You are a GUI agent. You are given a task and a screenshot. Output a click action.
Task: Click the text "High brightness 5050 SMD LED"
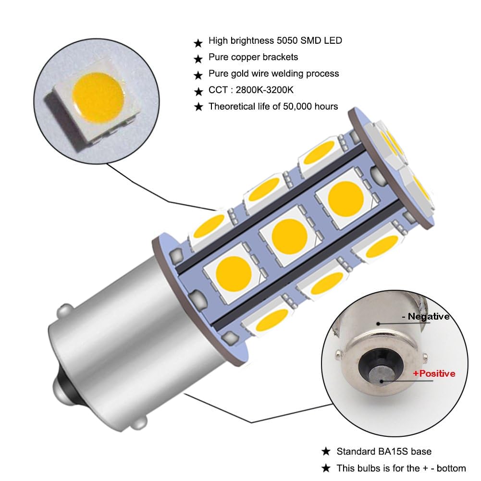tap(275, 41)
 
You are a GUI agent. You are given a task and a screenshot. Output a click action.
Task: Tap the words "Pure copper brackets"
tap(253, 57)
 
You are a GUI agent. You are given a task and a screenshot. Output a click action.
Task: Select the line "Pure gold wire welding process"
tap(273, 74)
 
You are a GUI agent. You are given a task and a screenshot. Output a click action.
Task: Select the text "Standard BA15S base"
tap(383, 451)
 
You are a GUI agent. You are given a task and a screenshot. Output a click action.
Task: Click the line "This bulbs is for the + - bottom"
tap(401, 468)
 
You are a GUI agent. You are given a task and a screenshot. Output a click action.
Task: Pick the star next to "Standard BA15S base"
tap(326, 452)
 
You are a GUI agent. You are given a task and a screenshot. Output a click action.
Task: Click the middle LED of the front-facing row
tap(289, 234)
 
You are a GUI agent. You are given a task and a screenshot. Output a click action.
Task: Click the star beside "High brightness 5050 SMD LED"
tap(197, 43)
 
